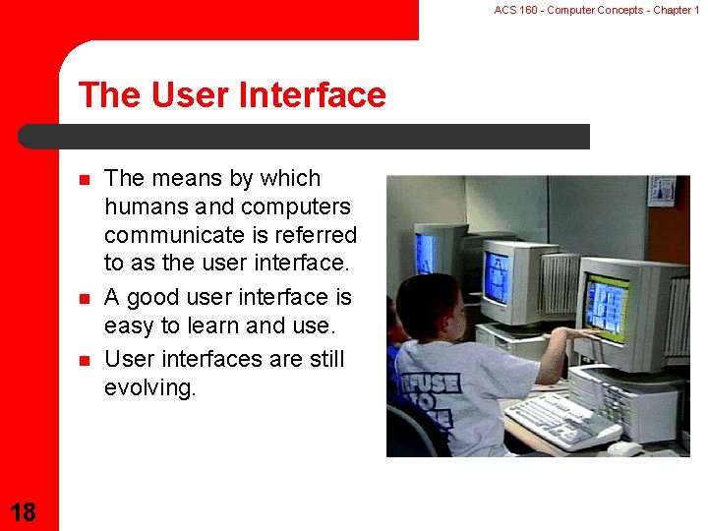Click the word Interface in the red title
pyautogui.click(x=312, y=94)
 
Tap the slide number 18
pyautogui.click(x=23, y=512)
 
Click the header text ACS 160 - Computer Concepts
pyautogui.click(x=568, y=10)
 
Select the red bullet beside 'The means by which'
pyautogui.click(x=85, y=180)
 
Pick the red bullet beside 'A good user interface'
pyautogui.click(x=85, y=299)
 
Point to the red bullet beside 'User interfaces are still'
pyautogui.click(x=85, y=360)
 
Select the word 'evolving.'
pyautogui.click(x=149, y=387)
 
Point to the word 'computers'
pyautogui.click(x=296, y=207)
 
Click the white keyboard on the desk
pyautogui.click(x=561, y=421)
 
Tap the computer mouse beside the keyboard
pyautogui.click(x=624, y=448)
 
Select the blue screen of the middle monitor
pyautogui.click(x=498, y=276)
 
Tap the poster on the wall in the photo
pyautogui.click(x=662, y=190)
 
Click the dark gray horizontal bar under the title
pyautogui.click(x=304, y=137)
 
